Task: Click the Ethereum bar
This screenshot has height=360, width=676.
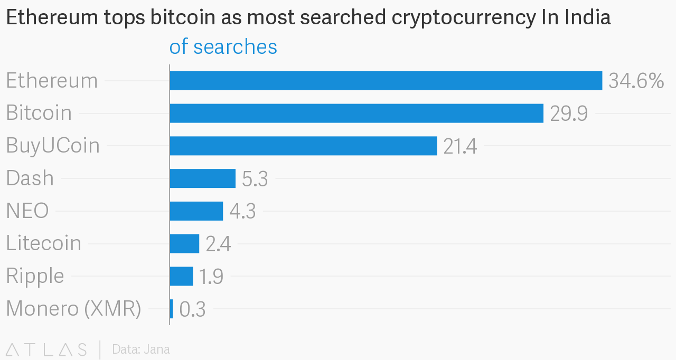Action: [x=386, y=81]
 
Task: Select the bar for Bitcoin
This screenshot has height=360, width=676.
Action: [x=356, y=113]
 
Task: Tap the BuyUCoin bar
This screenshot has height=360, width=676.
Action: [x=303, y=146]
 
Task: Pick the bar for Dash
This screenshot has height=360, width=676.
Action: [x=203, y=178]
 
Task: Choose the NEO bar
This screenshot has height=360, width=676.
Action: [x=196, y=211]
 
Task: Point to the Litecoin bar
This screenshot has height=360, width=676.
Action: [x=184, y=244]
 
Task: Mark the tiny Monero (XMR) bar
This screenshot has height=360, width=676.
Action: [x=172, y=309]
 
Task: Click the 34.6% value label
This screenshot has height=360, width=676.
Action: [x=636, y=81]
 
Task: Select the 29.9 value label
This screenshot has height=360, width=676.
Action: [x=569, y=113]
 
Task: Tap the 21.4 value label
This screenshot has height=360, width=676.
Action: [x=460, y=146]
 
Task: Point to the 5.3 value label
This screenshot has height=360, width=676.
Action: [x=255, y=179]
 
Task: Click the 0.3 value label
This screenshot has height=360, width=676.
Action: [x=192, y=309]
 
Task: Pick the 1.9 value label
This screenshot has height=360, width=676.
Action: [x=211, y=277]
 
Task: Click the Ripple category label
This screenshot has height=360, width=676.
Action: [x=35, y=276]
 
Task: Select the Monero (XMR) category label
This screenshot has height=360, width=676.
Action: [x=73, y=309]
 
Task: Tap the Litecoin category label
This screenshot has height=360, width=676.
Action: [x=44, y=243]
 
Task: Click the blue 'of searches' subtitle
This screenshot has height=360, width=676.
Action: [x=223, y=47]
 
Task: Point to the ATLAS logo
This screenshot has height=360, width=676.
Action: [x=46, y=349]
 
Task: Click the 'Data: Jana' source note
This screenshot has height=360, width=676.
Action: [x=141, y=349]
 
